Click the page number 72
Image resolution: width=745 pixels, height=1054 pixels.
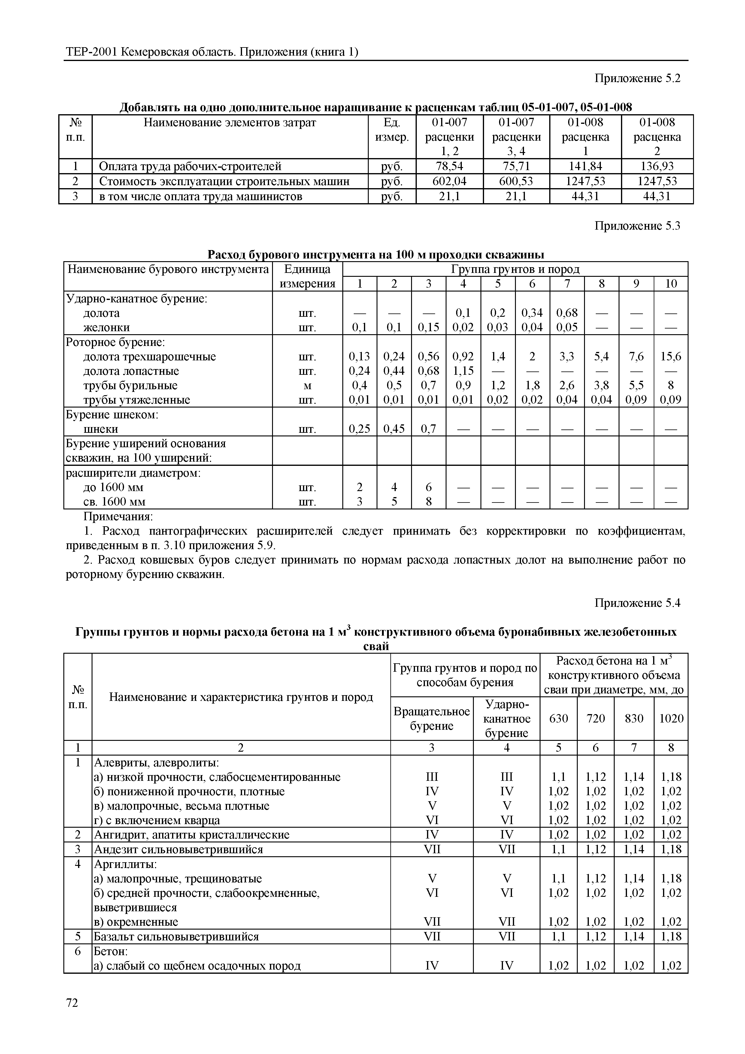click(x=72, y=1003)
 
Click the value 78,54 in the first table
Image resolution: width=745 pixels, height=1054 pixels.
click(x=449, y=166)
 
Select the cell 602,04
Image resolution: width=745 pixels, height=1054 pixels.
click(x=449, y=181)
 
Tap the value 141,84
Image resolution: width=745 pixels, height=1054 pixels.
click(x=585, y=166)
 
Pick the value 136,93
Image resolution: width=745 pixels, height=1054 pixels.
click(x=657, y=166)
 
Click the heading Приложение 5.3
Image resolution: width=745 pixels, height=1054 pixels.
click(x=637, y=226)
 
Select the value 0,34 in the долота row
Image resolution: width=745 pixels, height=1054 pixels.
click(x=532, y=313)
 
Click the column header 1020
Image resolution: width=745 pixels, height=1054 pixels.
click(x=671, y=718)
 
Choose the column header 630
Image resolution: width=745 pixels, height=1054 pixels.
click(x=558, y=718)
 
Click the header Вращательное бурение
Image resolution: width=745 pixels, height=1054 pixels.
click(x=431, y=718)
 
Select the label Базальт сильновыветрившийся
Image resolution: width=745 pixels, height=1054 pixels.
click(x=176, y=936)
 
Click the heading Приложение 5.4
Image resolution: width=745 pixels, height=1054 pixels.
click(x=637, y=603)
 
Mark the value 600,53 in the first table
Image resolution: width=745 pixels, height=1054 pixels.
click(x=516, y=181)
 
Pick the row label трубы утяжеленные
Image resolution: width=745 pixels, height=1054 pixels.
click(x=136, y=400)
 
